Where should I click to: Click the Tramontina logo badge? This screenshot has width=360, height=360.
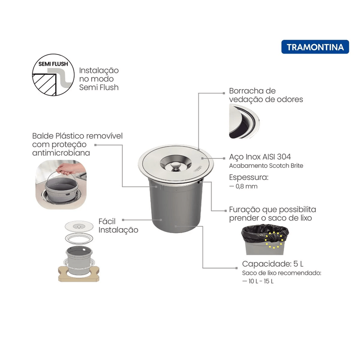[x=315, y=47]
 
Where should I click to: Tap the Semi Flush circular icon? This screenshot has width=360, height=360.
[x=53, y=75]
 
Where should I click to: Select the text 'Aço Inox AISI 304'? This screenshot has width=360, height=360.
[x=260, y=157]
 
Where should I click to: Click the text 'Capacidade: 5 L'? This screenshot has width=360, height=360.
[x=273, y=264]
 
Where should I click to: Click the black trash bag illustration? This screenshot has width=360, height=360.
[x=265, y=234]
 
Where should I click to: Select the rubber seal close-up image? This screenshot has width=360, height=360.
[x=244, y=121]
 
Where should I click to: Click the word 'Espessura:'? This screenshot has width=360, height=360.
[x=249, y=177]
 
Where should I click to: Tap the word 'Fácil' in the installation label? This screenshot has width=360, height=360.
[x=107, y=221]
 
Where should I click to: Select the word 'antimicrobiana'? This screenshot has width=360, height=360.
[x=61, y=153]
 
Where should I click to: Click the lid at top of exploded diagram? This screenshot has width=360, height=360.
[x=79, y=226]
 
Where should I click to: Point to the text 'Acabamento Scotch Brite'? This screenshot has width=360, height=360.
[x=266, y=166]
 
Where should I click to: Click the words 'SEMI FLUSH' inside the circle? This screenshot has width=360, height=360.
[x=53, y=64]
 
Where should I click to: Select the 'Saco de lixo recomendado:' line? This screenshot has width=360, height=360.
[x=282, y=273]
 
